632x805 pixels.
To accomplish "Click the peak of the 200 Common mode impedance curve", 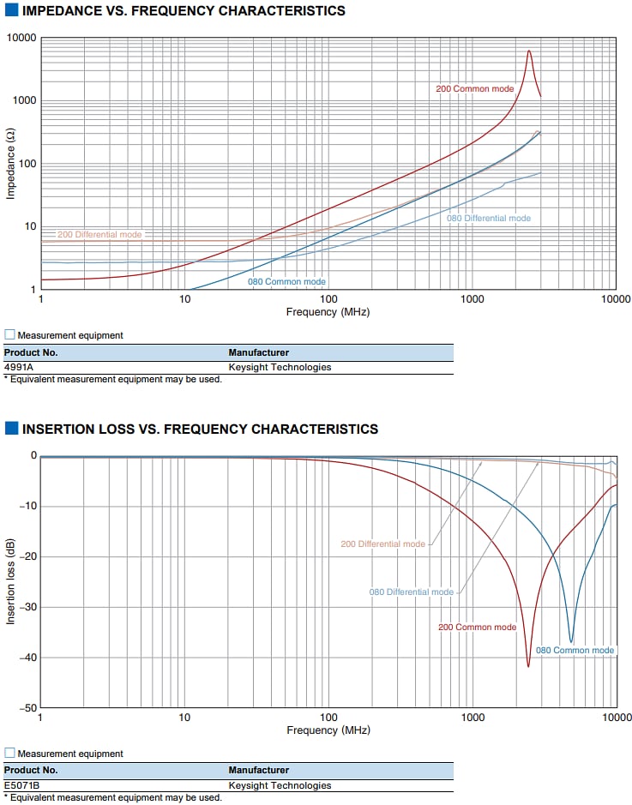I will coord(528,51).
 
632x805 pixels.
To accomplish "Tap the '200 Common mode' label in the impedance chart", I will coord(475,88).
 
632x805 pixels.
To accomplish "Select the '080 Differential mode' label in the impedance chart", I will coord(488,218).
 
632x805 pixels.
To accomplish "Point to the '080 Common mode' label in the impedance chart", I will coord(286,281).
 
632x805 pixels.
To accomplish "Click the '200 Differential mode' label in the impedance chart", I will coord(99,234).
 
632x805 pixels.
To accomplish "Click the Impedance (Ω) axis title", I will coord(11,164).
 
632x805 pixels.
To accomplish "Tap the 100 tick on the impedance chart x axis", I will coord(328,299).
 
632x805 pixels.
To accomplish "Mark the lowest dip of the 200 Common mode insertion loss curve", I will coord(528,666).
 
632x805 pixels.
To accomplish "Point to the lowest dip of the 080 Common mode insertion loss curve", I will coord(571,642).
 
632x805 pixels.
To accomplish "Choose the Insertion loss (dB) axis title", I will coord(11,581).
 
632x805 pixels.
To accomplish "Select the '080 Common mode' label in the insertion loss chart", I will coord(575,650).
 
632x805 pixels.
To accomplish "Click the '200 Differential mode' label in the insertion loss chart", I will coord(382,544).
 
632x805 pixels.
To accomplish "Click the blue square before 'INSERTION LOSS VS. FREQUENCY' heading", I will coord(11,429).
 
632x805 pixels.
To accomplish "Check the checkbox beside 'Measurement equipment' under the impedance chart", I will coord(9,335).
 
